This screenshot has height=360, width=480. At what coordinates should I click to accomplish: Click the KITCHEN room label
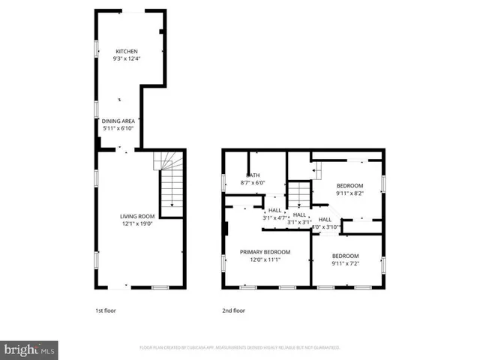click(126, 51)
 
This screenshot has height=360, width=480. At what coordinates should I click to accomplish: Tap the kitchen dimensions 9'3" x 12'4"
click(126, 58)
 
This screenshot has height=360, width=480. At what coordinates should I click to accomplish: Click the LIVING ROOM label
click(136, 217)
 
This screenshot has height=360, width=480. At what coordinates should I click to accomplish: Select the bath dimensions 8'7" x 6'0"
click(253, 182)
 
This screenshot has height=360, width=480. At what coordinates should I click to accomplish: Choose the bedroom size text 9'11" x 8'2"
click(349, 193)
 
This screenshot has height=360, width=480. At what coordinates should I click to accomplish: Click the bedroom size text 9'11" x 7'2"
click(345, 263)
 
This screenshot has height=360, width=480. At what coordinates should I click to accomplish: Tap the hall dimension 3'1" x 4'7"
click(274, 218)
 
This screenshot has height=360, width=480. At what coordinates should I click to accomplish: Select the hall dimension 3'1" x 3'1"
click(300, 222)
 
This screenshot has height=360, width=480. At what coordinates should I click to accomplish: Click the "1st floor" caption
click(105, 310)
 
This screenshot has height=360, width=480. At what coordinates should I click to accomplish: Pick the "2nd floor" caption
click(233, 310)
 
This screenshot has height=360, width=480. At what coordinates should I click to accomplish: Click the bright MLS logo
click(30, 349)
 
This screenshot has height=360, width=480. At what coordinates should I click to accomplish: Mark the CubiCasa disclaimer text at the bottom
click(240, 348)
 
